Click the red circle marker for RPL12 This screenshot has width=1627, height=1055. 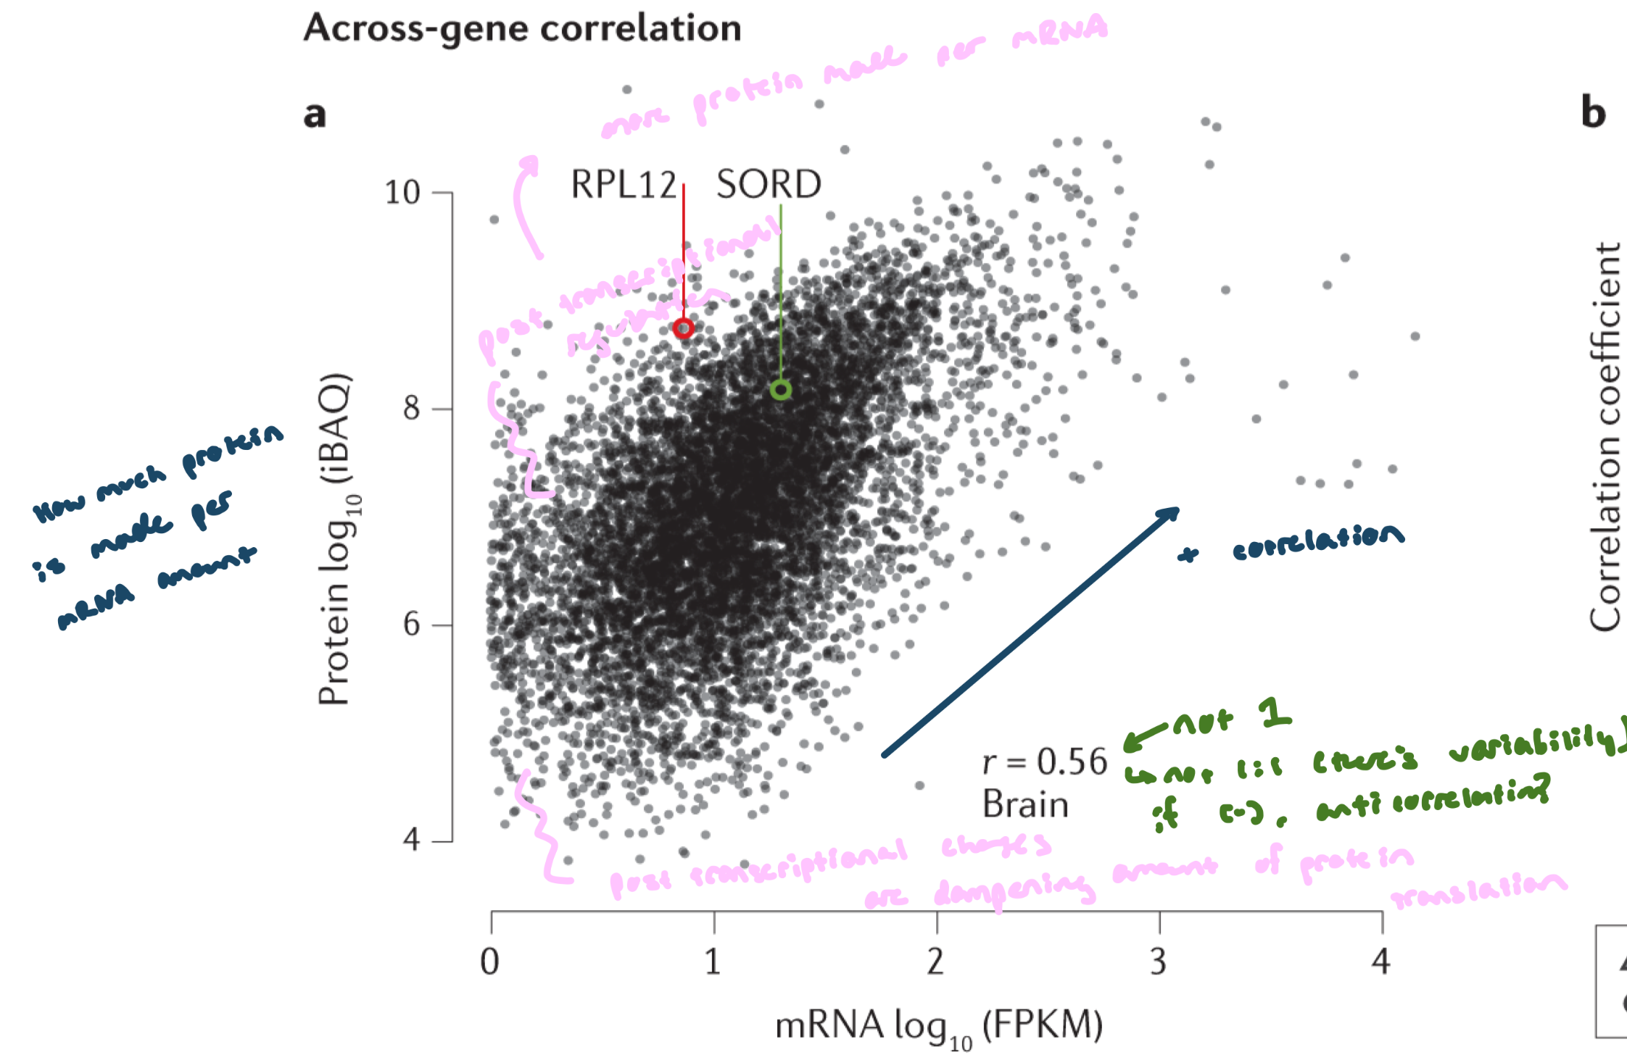coord(683,328)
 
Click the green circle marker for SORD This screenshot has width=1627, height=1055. coord(780,390)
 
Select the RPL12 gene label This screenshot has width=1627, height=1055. coord(623,184)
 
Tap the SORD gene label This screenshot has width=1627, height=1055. coord(769,184)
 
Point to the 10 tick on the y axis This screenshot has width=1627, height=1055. coord(403,193)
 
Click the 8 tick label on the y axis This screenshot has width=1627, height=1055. coord(411,409)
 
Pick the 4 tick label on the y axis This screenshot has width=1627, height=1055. coord(411,841)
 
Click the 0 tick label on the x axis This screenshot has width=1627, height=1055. coord(490,962)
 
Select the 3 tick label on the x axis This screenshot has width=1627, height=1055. coord(1159,962)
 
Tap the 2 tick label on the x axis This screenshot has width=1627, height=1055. coord(936,962)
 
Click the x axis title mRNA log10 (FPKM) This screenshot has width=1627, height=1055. coord(939,1026)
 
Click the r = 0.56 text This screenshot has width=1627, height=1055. coord(1045,762)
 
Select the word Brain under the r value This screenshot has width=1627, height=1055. coord(1025,804)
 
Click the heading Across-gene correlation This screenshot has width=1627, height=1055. coord(522,29)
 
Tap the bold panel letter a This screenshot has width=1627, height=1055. coord(315,114)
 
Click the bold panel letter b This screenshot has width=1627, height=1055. coord(1593,113)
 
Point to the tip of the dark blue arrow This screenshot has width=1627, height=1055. coord(1177,509)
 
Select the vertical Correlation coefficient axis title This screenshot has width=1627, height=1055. coord(1604,437)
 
